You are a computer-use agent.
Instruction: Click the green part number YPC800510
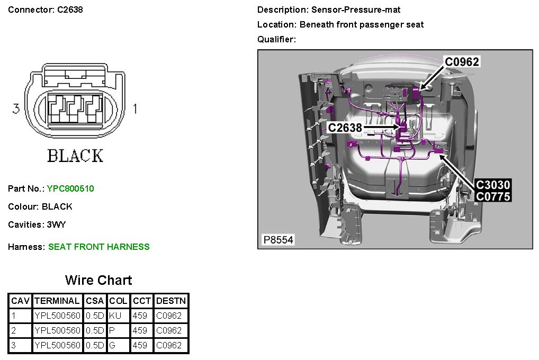(70, 188)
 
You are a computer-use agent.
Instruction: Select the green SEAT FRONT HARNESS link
(98, 247)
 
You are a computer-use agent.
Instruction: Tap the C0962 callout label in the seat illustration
(462, 62)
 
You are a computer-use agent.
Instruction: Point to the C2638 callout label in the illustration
(345, 128)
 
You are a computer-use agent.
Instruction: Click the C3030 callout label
(492, 185)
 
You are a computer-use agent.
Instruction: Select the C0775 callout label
(492, 197)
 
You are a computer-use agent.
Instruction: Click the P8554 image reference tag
(278, 240)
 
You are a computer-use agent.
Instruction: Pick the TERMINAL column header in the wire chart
(58, 301)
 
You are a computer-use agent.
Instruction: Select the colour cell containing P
(112, 331)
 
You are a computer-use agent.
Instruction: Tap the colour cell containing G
(112, 346)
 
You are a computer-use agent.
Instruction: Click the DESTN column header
(171, 301)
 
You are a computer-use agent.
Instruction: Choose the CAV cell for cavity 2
(21, 331)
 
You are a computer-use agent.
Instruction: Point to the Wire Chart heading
(98, 280)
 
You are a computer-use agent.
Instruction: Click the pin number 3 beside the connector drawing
(16, 109)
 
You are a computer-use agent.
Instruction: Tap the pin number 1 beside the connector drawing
(135, 109)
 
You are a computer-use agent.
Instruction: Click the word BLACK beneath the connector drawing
(75, 156)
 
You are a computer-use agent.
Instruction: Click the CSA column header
(95, 301)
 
